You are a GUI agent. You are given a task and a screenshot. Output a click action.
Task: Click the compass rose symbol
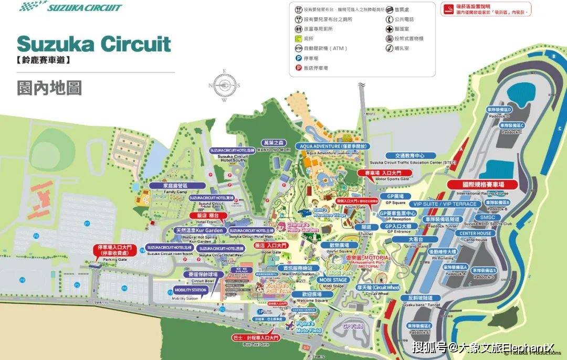point(224,85)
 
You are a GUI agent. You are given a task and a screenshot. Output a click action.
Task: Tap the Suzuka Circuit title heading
point(94,44)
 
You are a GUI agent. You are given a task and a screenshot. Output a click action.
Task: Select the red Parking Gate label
point(115,250)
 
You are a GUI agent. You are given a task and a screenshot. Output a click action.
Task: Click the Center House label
point(475,234)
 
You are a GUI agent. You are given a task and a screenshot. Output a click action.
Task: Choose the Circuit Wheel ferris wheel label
point(378,288)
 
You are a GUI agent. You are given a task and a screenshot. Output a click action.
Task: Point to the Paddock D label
point(498,109)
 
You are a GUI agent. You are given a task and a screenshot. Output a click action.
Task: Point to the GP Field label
point(353,326)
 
